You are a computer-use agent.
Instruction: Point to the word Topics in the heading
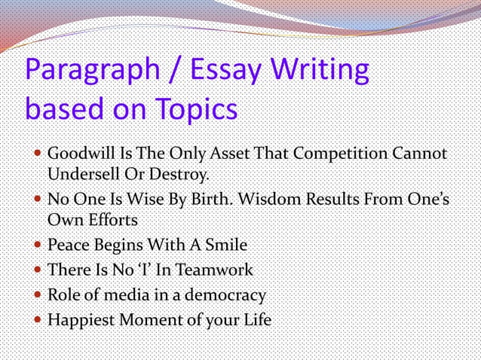[x=197, y=111]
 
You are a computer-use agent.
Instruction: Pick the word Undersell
[x=81, y=175]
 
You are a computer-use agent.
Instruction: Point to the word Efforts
[x=115, y=221]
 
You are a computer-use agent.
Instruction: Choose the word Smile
[x=222, y=246]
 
